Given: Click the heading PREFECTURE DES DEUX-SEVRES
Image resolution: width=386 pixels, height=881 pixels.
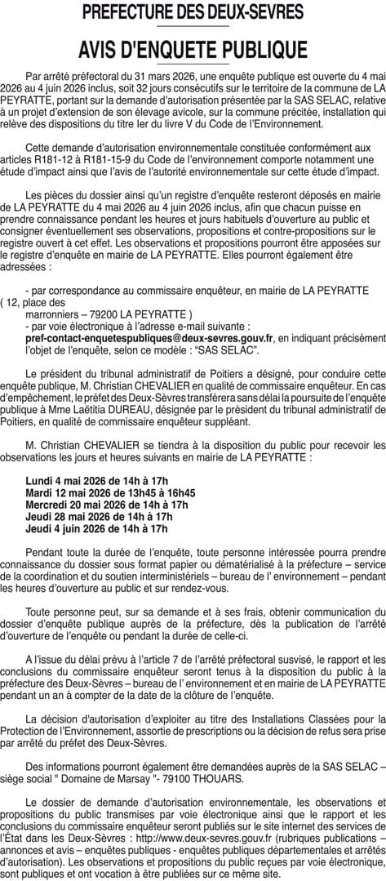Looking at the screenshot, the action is (x=193, y=12).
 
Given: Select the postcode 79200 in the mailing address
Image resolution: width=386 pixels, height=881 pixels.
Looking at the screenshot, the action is (x=97, y=314).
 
